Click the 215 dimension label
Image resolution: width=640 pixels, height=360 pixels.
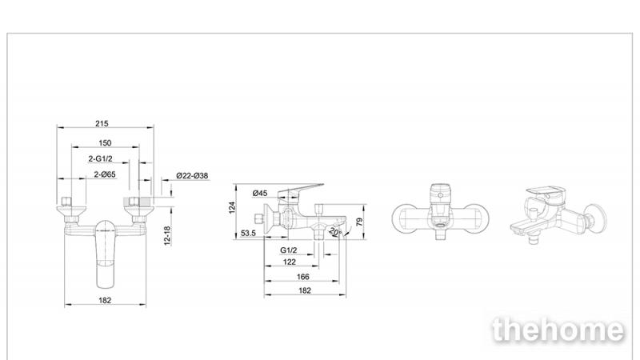tap(102, 123)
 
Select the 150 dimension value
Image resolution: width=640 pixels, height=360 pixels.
tap(105, 143)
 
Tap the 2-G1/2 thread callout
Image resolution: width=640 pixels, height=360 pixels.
tap(101, 158)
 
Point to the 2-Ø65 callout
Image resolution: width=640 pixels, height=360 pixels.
tap(105, 174)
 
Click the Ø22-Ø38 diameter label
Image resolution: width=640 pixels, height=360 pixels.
tap(192, 175)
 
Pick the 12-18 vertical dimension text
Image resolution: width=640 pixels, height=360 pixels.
tap(167, 235)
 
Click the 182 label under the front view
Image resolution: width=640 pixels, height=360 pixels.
tap(105, 300)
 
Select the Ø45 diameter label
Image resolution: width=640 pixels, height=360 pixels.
tap(260, 193)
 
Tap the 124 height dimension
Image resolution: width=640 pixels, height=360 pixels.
tap(232, 207)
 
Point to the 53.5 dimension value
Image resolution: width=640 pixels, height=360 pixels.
tap(248, 233)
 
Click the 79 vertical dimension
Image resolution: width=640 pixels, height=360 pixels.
tap(359, 222)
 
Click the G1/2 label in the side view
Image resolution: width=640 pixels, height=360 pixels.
tap(289, 250)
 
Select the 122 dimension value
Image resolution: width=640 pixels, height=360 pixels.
tap(290, 262)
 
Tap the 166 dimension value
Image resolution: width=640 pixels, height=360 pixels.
tap(303, 277)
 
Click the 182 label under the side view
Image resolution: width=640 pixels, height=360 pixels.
tap(305, 290)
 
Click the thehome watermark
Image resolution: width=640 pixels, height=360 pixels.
tap(558, 330)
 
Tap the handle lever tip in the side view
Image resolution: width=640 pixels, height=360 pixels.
tap(322, 185)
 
